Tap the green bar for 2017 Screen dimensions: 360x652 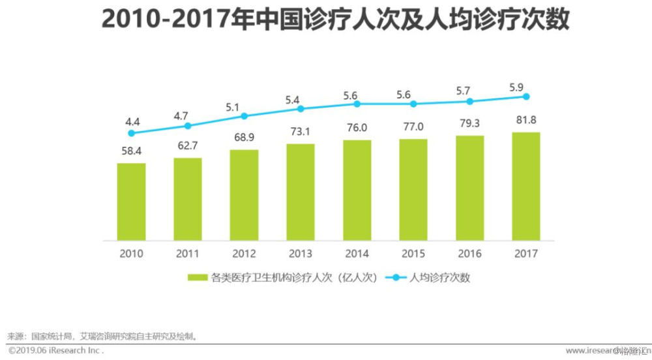(x=526, y=186)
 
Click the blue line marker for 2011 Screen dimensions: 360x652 (x=188, y=125)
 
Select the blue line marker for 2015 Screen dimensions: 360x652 (x=413, y=104)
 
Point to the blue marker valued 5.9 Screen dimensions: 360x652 (x=526, y=97)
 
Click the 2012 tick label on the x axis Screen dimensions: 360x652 (x=244, y=253)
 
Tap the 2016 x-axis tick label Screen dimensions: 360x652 (x=469, y=253)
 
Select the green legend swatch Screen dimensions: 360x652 (x=196, y=277)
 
